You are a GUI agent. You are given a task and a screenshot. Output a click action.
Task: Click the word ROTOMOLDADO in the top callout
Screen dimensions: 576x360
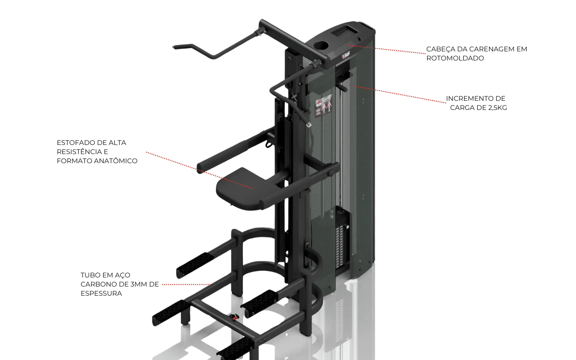(455, 58)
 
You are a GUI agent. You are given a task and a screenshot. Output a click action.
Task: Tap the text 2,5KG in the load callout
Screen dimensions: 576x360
(498, 108)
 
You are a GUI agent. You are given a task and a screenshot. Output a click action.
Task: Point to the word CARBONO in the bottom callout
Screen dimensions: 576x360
(99, 284)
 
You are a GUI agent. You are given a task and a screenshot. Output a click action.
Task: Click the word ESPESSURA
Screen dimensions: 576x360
(101, 293)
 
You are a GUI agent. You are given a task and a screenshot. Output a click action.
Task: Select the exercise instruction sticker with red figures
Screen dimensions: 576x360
(323, 106)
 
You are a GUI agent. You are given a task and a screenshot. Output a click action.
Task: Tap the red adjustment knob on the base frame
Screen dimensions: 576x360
(234, 317)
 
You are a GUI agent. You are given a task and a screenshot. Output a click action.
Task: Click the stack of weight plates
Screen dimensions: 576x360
(341, 249)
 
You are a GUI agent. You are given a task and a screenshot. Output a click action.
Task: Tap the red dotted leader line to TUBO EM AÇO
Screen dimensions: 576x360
(187, 284)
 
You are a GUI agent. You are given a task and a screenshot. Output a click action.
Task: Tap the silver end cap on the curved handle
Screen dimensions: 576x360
(308, 125)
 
